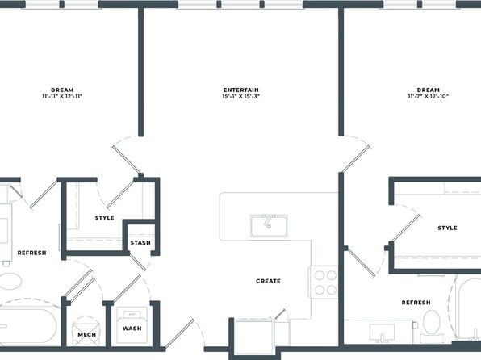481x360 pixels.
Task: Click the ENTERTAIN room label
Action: coord(240,90)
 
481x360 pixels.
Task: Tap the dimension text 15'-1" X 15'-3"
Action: coord(240,96)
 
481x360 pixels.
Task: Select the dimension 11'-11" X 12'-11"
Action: coord(62,96)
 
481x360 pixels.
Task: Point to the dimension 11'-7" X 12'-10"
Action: coord(429,96)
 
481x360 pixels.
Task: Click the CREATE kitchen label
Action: coord(269,281)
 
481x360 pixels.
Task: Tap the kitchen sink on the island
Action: coord(269,226)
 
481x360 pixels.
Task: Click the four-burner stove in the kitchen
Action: coord(325,283)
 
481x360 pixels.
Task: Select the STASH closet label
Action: coord(140,243)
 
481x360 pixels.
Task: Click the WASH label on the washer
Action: coord(132,329)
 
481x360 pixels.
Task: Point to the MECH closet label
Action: coord(87,334)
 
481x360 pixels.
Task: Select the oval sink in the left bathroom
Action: coord(10,281)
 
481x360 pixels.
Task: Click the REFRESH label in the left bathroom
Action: coord(32,253)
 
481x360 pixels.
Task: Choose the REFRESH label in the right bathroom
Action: coord(416,303)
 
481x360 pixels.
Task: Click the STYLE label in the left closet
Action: coord(105,218)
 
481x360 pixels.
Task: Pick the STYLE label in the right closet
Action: coord(448,228)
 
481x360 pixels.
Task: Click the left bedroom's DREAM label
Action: coord(62,90)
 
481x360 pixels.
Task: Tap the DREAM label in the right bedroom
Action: coord(429,90)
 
